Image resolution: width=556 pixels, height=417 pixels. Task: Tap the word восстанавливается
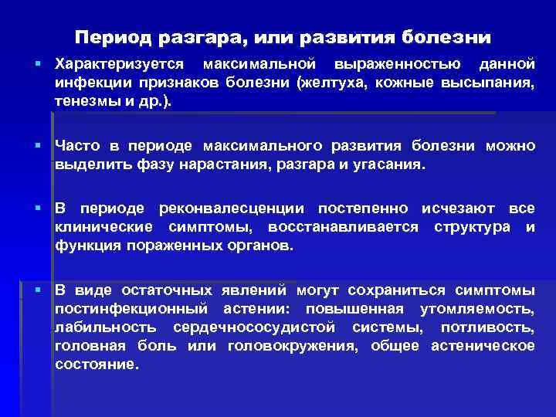[x=343, y=228]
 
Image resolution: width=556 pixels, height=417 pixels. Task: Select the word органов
[x=262, y=247]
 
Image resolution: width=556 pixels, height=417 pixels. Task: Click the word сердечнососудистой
[x=257, y=327]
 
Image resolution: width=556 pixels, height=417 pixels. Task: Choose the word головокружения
[x=293, y=346]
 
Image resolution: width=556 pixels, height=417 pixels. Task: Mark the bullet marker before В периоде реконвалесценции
[x=37, y=208]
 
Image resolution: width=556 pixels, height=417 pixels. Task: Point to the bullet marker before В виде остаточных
[x=37, y=290]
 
